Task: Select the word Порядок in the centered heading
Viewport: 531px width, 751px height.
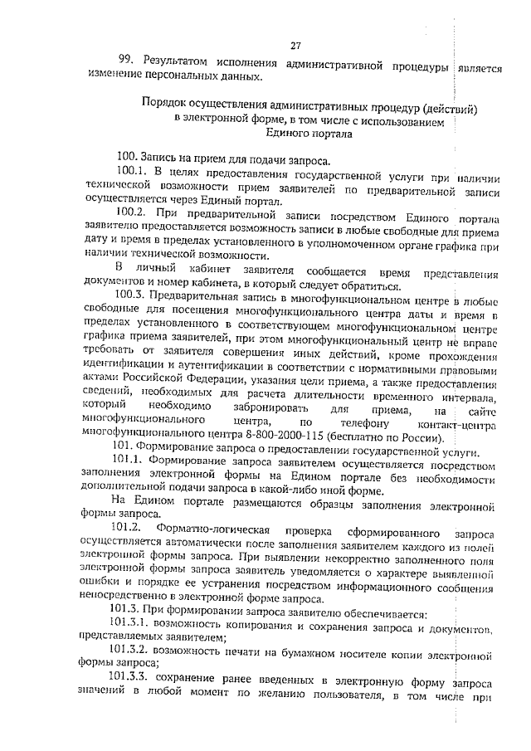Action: pos(166,109)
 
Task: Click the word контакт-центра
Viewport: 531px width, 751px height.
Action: pos(461,424)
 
